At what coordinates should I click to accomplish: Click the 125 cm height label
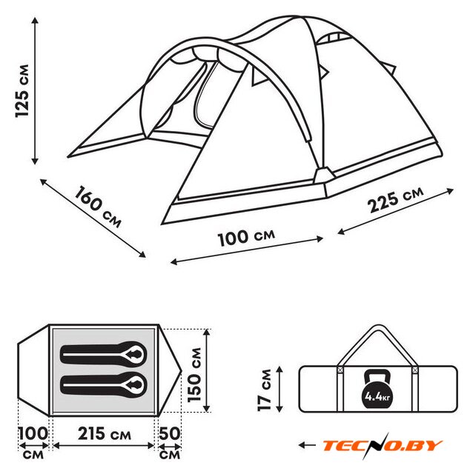click(x=23, y=90)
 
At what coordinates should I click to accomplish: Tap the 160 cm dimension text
click(x=97, y=207)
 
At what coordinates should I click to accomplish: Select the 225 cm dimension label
click(x=396, y=199)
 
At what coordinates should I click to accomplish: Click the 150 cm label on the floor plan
click(x=194, y=375)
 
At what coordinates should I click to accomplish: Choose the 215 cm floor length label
click(x=105, y=434)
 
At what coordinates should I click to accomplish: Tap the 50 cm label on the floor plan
click(x=170, y=443)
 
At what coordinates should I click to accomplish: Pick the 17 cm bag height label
click(x=265, y=390)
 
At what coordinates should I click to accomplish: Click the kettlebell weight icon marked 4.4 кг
click(x=377, y=390)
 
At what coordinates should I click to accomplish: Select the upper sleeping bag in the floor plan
click(x=104, y=354)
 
